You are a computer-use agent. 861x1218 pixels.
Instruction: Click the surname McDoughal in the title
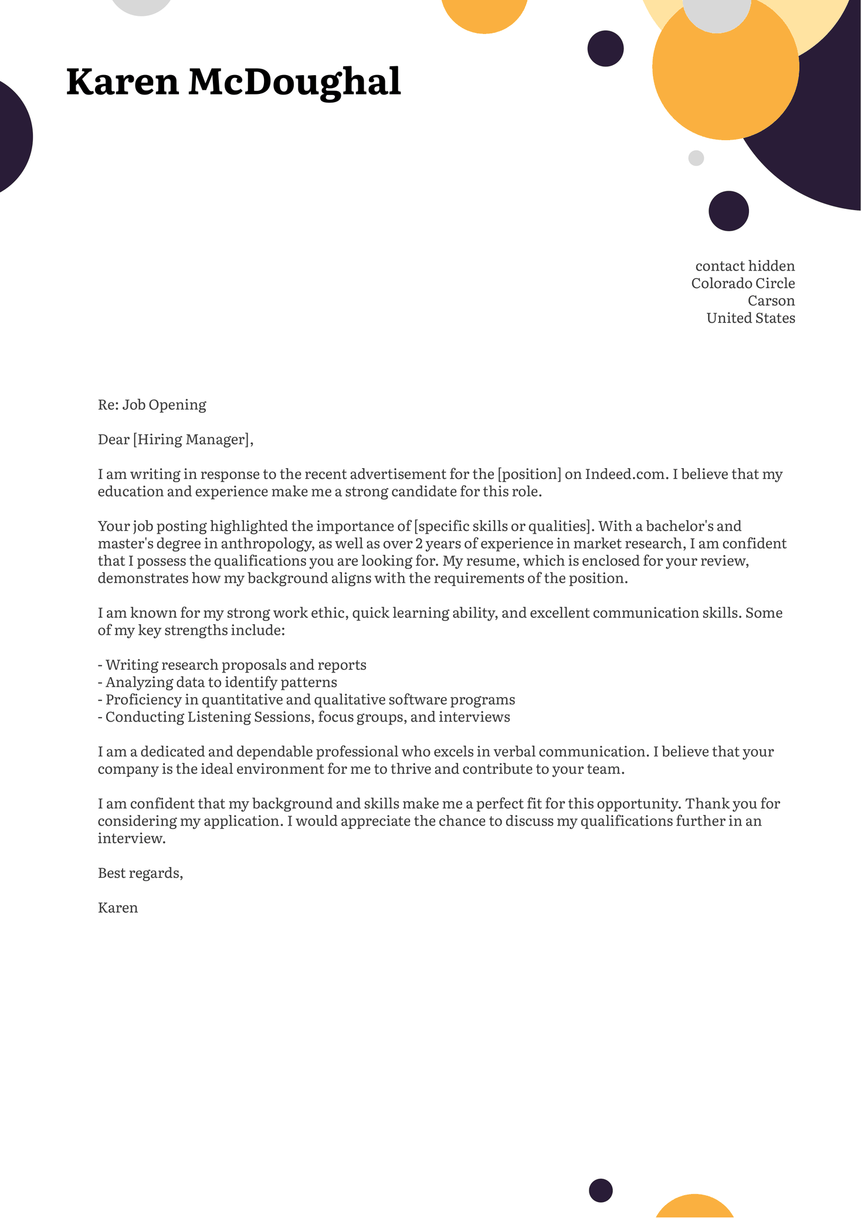pyautogui.click(x=294, y=82)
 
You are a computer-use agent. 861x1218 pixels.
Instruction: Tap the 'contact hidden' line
pyautogui.click(x=744, y=266)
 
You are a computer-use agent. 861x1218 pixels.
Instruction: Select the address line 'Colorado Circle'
pyautogui.click(x=743, y=283)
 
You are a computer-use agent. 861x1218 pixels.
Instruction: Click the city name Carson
pyautogui.click(x=771, y=301)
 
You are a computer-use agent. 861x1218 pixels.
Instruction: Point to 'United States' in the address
pyautogui.click(x=750, y=318)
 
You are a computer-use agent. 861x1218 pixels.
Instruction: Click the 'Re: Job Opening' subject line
pyautogui.click(x=152, y=405)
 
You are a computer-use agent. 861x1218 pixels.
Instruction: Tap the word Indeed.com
pyautogui.click(x=625, y=474)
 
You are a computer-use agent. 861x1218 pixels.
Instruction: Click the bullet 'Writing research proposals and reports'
pyautogui.click(x=232, y=665)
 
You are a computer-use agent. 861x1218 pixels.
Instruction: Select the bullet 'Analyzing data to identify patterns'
pyautogui.click(x=218, y=682)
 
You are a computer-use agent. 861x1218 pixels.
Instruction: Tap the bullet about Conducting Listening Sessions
pyautogui.click(x=304, y=717)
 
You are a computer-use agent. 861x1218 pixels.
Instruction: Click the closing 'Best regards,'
pyautogui.click(x=140, y=873)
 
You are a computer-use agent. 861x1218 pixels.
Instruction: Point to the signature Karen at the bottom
pyautogui.click(x=118, y=908)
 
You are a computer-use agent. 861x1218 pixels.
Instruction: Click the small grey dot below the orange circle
pyautogui.click(x=696, y=158)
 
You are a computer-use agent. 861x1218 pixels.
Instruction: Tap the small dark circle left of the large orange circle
pyautogui.click(x=605, y=49)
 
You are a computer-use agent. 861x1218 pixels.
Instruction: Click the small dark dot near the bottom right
pyautogui.click(x=601, y=1190)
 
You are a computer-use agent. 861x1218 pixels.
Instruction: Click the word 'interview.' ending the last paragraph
pyautogui.click(x=131, y=838)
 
